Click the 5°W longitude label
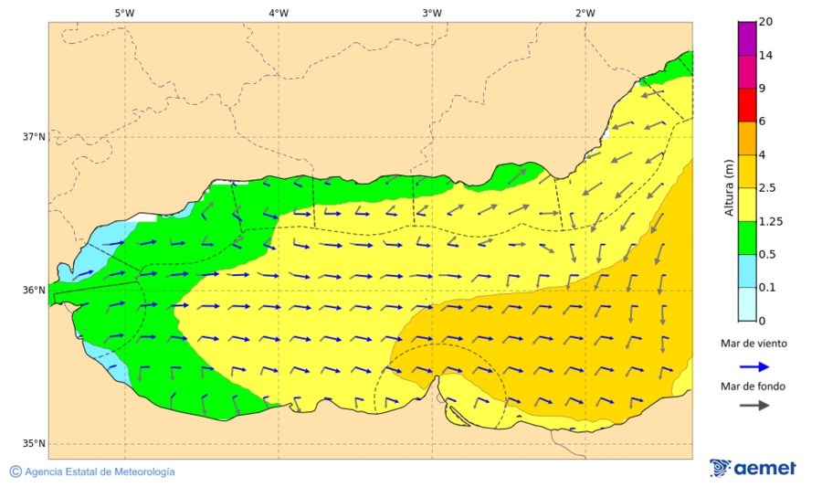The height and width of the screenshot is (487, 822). coord(124,13)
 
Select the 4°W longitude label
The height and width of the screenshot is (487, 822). coord(279,13)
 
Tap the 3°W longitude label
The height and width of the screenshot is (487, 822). coord(432,13)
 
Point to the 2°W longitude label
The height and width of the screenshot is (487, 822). coord(585,13)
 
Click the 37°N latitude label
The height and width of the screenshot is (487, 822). coord(34,137)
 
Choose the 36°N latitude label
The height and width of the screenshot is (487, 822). coord(34,291)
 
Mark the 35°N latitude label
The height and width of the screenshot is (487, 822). coord(34,444)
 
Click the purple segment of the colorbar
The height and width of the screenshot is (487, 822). coord(747,38)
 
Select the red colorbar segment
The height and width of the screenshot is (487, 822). coord(747,105)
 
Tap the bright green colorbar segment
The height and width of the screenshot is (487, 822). coord(747,238)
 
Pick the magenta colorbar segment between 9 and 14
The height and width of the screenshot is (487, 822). coord(747,72)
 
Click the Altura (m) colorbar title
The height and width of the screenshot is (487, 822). coord(729,187)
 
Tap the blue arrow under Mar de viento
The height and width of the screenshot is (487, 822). coord(753,365)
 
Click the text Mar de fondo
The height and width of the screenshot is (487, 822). coord(753,386)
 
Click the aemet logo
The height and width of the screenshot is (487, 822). coord(753,468)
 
